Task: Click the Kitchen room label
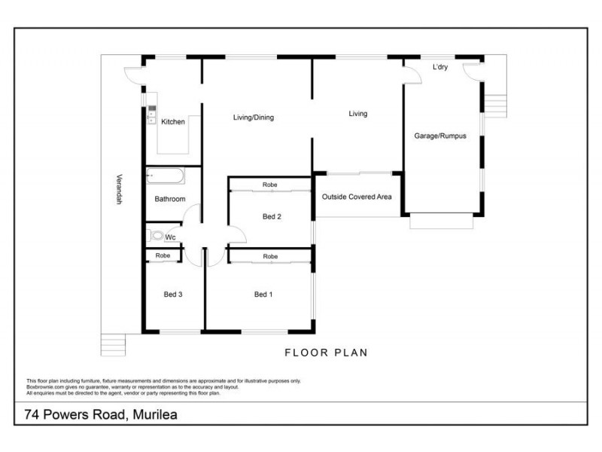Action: click(173, 122)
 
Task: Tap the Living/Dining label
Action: click(254, 118)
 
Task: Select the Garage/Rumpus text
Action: click(440, 136)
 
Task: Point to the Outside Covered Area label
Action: click(357, 197)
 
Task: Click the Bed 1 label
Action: click(263, 295)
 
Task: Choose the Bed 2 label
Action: click(272, 217)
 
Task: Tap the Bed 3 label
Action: click(173, 295)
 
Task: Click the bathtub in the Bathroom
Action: click(165, 177)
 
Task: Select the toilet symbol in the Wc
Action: click(156, 236)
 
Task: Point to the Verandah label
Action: click(118, 191)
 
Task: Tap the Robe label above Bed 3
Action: click(163, 256)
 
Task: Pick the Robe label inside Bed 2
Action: click(269, 185)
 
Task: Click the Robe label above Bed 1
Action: click(269, 257)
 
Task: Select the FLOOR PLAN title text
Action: click(326, 353)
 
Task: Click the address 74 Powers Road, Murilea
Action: click(101, 414)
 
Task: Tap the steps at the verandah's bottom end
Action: click(113, 345)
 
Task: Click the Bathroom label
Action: click(170, 200)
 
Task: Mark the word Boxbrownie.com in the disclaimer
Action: click(44, 387)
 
